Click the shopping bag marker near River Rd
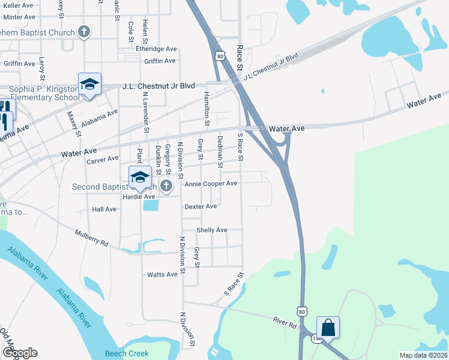(328, 328)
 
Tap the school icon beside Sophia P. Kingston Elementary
(89, 85)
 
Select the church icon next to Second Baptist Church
(166, 187)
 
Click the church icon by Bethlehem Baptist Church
(85, 32)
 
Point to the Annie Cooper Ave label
(211, 184)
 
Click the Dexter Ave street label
(200, 206)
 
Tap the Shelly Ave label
(212, 230)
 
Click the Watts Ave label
(163, 274)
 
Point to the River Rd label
(285, 323)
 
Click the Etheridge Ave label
(156, 49)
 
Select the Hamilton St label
(206, 109)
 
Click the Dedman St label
(220, 151)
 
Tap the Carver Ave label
(102, 160)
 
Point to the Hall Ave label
(104, 209)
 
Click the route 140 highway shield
(316, 339)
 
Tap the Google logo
(19, 353)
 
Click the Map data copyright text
(423, 355)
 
